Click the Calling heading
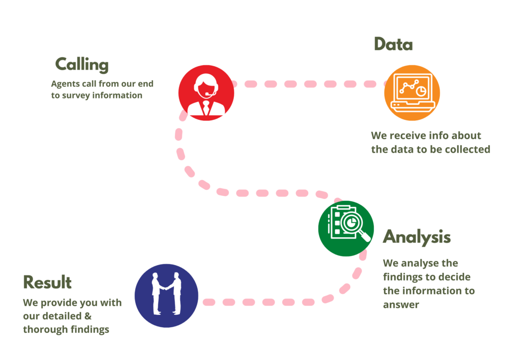click(82, 65)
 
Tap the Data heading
click(393, 45)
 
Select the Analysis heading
click(417, 237)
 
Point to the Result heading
click(47, 282)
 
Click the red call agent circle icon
click(206, 93)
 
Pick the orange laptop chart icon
click(412, 93)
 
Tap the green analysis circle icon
click(346, 228)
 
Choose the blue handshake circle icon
click(166, 295)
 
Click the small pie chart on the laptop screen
click(420, 91)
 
